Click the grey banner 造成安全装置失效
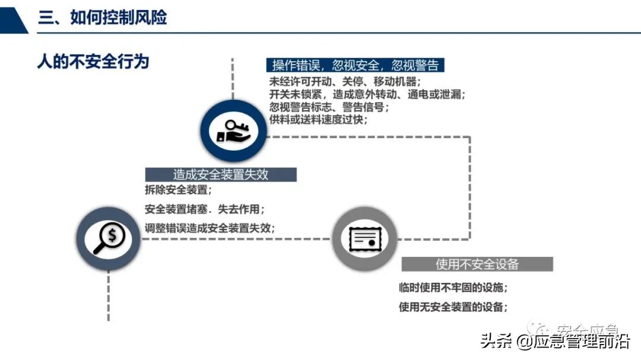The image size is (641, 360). [x=221, y=174]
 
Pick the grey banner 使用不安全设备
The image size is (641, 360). [x=477, y=264]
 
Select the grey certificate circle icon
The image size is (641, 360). [x=363, y=238]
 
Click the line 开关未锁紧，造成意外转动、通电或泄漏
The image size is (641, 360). [x=367, y=95]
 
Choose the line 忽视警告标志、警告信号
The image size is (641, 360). [x=329, y=107]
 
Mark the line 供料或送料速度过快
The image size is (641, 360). [x=318, y=120]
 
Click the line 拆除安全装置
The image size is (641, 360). [x=178, y=191]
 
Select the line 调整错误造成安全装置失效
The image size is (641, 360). [x=210, y=227]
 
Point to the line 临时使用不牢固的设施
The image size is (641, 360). [x=454, y=288]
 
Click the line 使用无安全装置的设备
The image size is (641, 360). [x=454, y=307]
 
